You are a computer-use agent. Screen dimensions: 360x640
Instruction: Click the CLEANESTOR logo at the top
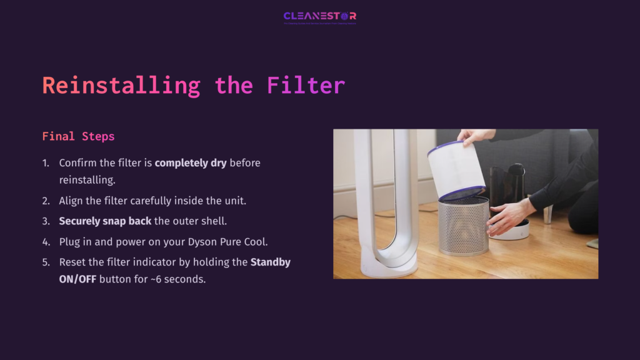(x=319, y=16)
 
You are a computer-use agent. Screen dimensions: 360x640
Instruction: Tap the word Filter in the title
(x=306, y=85)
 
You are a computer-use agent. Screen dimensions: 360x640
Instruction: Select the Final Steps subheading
(x=78, y=136)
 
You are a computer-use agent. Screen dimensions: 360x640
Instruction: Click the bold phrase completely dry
(x=191, y=162)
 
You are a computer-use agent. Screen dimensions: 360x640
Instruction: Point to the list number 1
(x=46, y=162)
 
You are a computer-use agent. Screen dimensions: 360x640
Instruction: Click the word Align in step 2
(x=72, y=201)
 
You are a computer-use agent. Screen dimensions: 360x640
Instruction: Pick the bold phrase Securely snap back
(x=105, y=221)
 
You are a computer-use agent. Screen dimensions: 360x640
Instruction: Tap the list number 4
(x=46, y=241)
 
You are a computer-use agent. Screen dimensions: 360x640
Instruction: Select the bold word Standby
(x=271, y=262)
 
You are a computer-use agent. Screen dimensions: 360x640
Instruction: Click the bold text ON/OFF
(x=77, y=279)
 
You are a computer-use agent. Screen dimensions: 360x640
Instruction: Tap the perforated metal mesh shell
(x=463, y=226)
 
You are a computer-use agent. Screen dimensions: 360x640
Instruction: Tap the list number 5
(x=46, y=262)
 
